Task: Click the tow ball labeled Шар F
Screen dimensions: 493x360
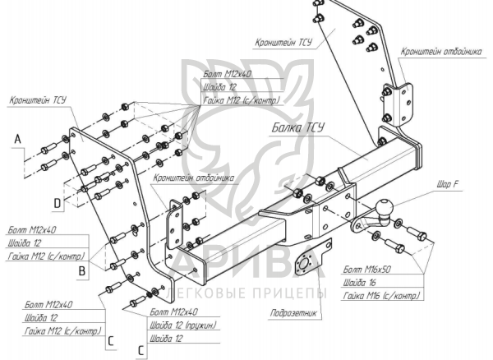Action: point(385,207)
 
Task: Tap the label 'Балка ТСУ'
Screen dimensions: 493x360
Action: point(297,127)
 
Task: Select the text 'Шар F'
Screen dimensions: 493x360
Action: point(448,184)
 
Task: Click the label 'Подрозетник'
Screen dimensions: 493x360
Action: point(293,313)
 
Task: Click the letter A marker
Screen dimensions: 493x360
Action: point(18,138)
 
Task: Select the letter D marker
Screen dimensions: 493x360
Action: point(57,203)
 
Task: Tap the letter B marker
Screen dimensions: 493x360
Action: point(81,271)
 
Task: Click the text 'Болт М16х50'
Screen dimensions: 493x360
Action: point(366,269)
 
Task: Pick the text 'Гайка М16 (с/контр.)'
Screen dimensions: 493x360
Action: point(381,296)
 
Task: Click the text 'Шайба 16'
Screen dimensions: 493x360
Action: point(359,283)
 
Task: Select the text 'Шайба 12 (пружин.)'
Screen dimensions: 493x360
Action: point(183,325)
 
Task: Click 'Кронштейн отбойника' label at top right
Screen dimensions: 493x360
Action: point(440,52)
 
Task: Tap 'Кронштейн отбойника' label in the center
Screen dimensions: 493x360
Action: point(194,178)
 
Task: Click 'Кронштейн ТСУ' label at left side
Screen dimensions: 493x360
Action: point(38,100)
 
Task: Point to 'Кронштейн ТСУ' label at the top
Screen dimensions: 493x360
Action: point(283,43)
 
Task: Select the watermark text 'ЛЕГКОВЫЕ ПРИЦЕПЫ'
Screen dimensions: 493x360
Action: point(247,293)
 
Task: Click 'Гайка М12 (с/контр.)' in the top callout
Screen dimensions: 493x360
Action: point(242,100)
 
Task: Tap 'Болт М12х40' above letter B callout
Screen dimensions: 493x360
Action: point(32,230)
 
